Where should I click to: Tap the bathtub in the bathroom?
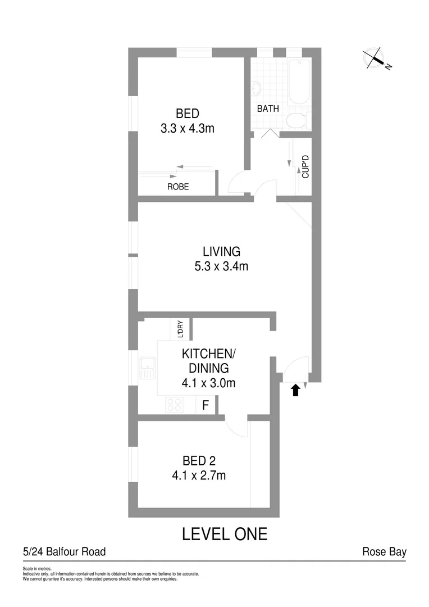tap(299, 82)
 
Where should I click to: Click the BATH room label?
tap(268, 109)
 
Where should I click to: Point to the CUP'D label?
tap(306, 166)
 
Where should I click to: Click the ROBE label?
tap(178, 187)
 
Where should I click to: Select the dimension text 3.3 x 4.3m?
tap(188, 128)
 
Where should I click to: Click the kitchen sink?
tap(148, 369)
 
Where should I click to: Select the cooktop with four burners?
tap(175, 404)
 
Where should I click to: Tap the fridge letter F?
tap(206, 404)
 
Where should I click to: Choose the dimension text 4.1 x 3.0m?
tap(208, 384)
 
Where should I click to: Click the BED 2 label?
tap(199, 461)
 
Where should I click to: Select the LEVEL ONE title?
tap(225, 533)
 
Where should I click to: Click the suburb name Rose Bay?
tap(384, 552)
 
